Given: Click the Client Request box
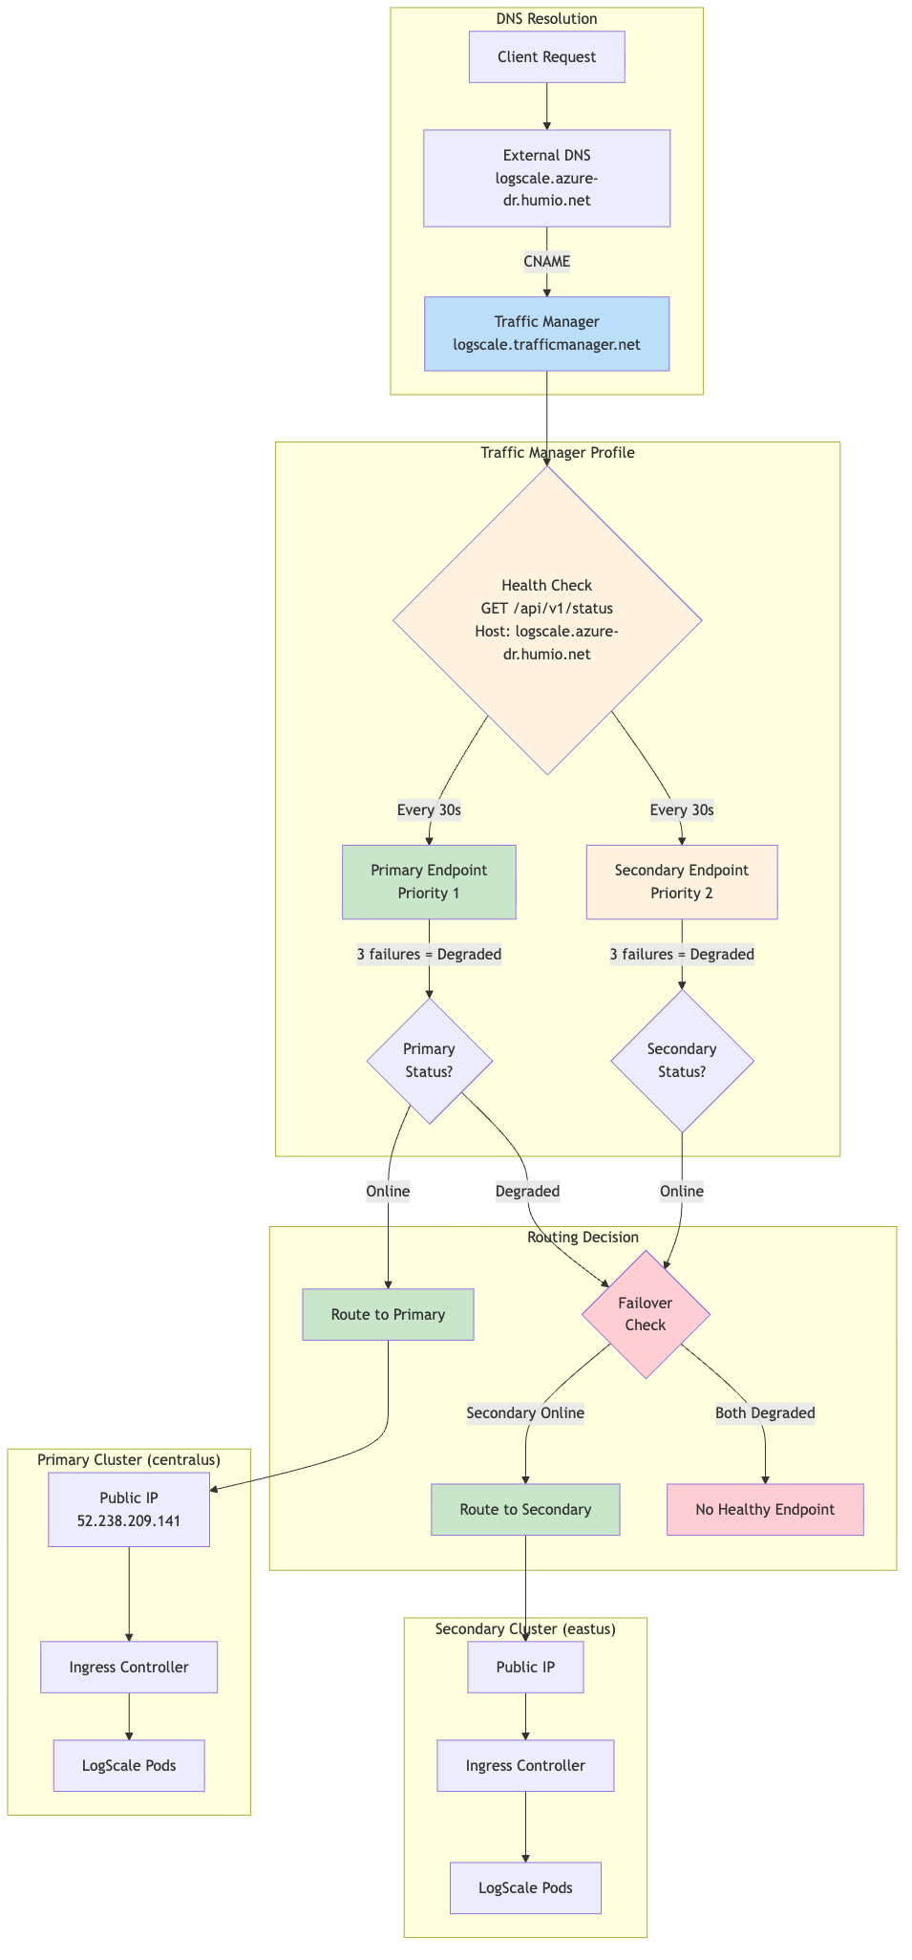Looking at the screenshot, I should (546, 57).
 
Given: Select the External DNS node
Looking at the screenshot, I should (546, 178).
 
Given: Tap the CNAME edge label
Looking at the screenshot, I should (546, 261).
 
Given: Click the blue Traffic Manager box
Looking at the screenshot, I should (546, 334).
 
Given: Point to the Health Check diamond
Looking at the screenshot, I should (546, 619).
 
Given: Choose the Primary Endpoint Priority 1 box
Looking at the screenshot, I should (429, 882).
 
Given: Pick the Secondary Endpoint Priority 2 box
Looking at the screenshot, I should (681, 882).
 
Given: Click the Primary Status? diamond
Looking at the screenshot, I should (429, 1061).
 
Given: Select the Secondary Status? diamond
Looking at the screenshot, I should (681, 1061).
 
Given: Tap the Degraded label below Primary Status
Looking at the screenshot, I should (527, 1192).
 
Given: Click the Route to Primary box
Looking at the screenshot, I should (388, 1315).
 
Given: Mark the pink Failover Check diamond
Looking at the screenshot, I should (646, 1315).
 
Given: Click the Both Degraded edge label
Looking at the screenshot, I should (765, 1413).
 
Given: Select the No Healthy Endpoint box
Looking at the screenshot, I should (765, 1510).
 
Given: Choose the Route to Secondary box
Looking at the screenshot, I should (525, 1510).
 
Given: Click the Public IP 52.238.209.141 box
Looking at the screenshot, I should (129, 1509).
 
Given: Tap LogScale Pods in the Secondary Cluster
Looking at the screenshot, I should (525, 1888).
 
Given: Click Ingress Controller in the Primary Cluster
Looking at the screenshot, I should (129, 1668).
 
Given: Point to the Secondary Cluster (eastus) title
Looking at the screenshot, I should (525, 1629).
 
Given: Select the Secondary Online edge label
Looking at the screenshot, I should (525, 1413).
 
